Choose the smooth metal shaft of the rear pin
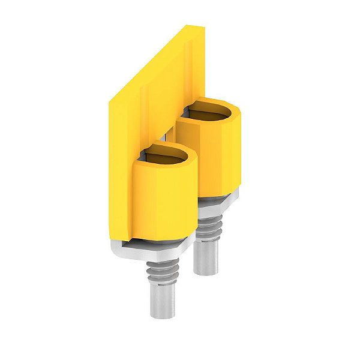click(x=207, y=258)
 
